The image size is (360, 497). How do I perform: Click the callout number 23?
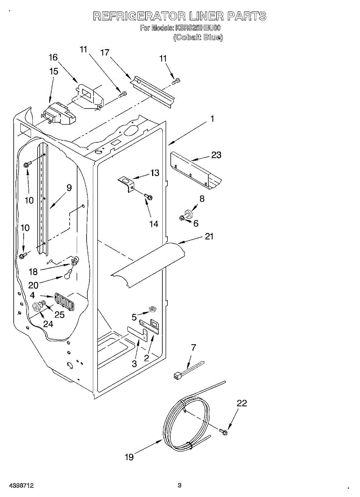coord(216,155)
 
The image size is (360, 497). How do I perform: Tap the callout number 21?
coord(209,236)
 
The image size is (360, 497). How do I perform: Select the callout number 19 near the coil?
coord(129,457)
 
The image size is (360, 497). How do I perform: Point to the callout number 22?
coord(242,403)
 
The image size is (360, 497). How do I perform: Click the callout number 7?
coord(193,347)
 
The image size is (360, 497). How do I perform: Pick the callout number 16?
coord(53,58)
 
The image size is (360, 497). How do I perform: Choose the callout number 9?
coord(69,188)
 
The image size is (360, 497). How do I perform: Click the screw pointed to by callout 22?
coord(224,432)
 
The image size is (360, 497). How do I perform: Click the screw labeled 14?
coord(148,196)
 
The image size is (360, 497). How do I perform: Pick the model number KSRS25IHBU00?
coord(198,28)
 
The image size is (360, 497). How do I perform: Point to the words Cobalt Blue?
coord(198,37)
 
